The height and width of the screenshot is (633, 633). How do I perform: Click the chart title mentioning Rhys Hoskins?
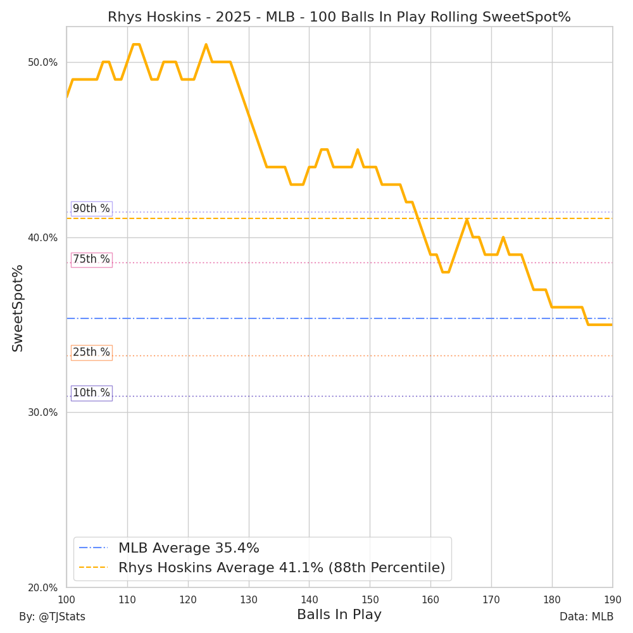click(339, 17)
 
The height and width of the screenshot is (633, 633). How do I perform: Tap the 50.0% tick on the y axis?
click(42, 62)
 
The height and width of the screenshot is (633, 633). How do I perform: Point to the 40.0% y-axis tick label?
click(42, 237)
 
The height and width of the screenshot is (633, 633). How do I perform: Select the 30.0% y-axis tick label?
click(42, 412)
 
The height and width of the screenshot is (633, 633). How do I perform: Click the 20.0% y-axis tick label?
click(42, 587)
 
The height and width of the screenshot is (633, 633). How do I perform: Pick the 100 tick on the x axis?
click(66, 599)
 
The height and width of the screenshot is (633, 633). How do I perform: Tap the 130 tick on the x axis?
click(249, 599)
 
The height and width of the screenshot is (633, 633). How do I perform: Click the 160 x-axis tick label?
click(430, 599)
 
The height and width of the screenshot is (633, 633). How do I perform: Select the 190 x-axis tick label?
click(613, 599)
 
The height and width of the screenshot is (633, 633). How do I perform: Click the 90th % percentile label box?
click(91, 209)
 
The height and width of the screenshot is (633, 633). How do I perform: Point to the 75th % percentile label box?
click(91, 260)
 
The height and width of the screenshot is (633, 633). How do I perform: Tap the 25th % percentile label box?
click(91, 353)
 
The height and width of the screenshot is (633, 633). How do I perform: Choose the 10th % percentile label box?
click(91, 393)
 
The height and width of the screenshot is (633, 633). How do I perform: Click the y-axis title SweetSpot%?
click(18, 308)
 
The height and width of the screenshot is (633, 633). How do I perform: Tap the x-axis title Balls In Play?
click(339, 615)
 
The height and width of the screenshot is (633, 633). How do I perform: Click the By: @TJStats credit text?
click(52, 617)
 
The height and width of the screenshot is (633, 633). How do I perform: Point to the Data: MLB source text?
click(586, 617)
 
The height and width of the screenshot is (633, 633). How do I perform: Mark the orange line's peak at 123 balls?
click(206, 44)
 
